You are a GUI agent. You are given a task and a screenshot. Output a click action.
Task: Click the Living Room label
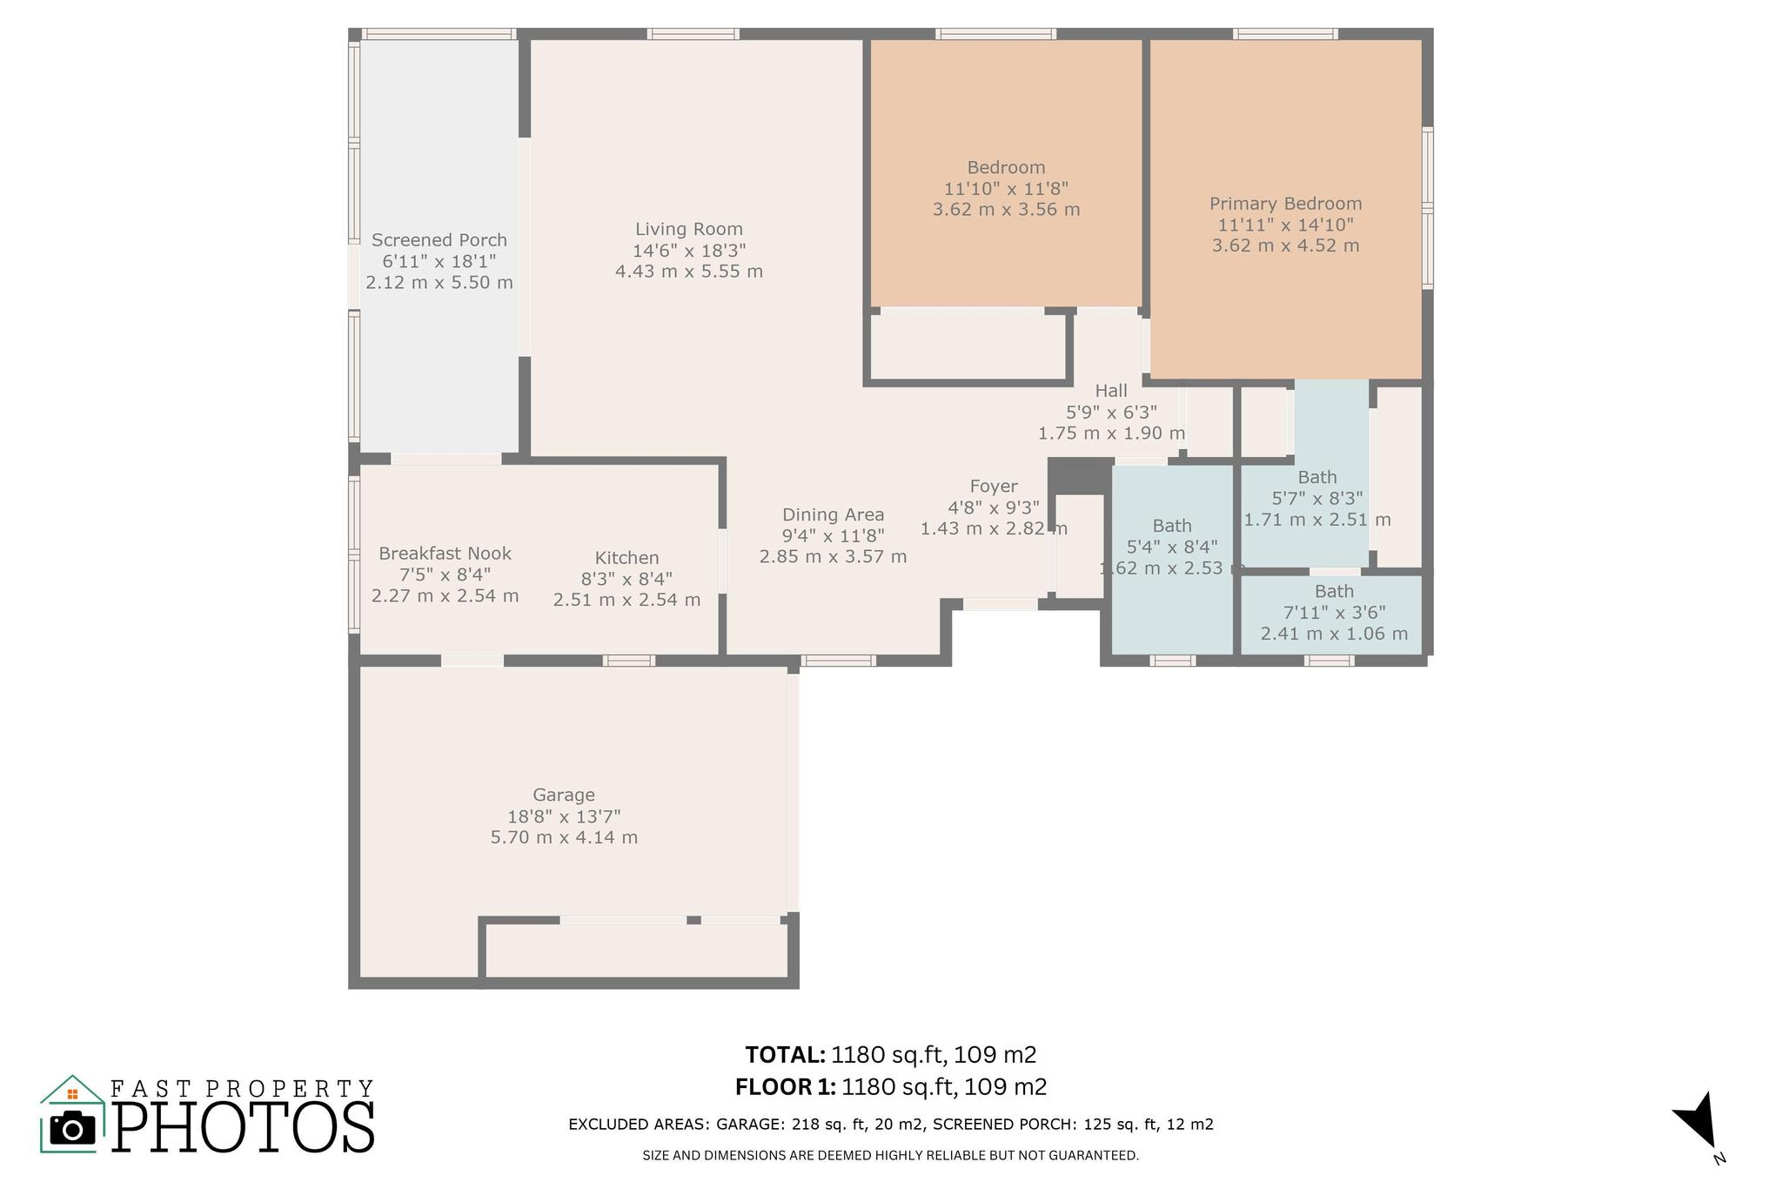point(688,230)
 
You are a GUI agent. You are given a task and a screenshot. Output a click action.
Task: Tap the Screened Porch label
point(439,240)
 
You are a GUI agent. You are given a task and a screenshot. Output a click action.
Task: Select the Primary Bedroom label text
point(1285,204)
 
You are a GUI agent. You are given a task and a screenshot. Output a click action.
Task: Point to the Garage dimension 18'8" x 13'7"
point(564,816)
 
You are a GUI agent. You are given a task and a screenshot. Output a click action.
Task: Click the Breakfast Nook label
point(445,554)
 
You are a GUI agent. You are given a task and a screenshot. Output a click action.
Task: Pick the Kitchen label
point(626,558)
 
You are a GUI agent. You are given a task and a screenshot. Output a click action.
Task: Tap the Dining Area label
point(833,515)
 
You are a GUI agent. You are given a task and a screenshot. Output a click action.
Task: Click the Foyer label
point(994,487)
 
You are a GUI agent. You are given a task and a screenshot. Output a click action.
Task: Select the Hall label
point(1111,391)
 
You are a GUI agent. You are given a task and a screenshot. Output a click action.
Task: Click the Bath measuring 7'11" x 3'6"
point(1334,592)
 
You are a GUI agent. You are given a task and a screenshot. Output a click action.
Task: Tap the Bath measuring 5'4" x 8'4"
point(1172,526)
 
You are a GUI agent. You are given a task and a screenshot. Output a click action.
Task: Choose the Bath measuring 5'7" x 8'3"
point(1316,477)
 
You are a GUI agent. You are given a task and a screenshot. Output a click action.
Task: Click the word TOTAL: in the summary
point(785,1055)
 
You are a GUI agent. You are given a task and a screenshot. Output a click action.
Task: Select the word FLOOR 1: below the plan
point(785,1087)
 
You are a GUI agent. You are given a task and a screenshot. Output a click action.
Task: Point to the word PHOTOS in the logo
point(244,1129)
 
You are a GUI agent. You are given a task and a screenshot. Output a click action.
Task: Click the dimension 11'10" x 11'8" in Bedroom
point(1006,189)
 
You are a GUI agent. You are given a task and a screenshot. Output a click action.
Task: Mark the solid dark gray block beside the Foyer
point(1080,476)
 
